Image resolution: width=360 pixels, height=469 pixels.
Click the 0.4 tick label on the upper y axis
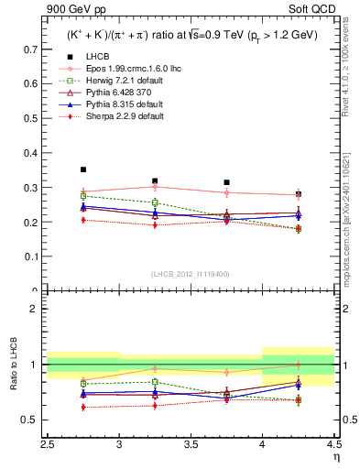tap(35, 152)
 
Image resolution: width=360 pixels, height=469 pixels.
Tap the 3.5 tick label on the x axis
tap(191, 444)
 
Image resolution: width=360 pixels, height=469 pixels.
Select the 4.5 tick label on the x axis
tap(333, 444)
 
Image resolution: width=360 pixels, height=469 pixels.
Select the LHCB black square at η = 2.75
tap(83, 169)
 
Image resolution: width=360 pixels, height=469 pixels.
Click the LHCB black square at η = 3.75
tap(226, 182)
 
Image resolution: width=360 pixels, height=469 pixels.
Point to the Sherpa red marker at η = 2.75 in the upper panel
tap(83, 220)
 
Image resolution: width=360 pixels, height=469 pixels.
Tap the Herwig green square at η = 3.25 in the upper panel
tap(155, 202)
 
